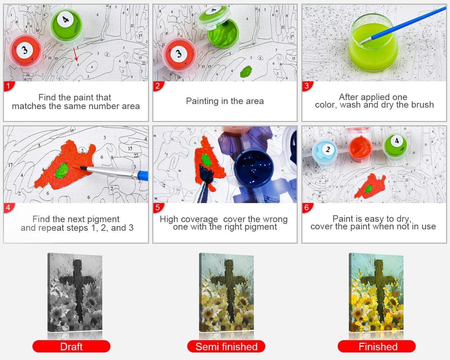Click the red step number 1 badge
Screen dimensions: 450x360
(x=9, y=86)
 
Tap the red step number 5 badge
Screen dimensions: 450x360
(x=158, y=208)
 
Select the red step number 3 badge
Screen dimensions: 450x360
(x=307, y=86)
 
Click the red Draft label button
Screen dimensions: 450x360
(x=71, y=346)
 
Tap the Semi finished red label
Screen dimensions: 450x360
(x=226, y=346)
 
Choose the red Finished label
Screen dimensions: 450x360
(x=377, y=346)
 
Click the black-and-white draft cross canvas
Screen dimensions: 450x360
(x=75, y=292)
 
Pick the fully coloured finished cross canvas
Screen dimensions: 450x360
(x=376, y=292)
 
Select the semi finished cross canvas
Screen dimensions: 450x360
(x=226, y=292)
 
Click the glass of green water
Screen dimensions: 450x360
(x=373, y=43)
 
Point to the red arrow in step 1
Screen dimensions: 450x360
(x=76, y=54)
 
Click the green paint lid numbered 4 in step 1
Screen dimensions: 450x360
(x=67, y=25)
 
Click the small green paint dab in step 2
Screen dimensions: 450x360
(x=246, y=71)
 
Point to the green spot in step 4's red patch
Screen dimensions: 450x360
(x=62, y=171)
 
